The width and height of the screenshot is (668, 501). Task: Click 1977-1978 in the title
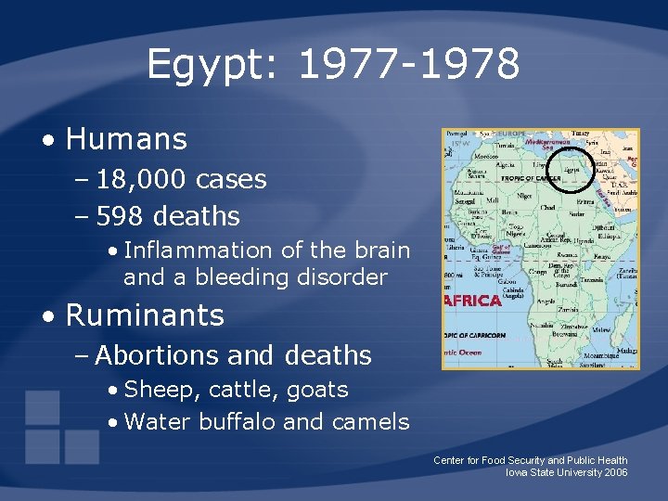coord(409,65)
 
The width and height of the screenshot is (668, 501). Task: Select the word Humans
coord(126,140)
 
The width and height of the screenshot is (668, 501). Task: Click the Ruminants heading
coord(145,315)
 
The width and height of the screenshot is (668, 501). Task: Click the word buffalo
coord(235,422)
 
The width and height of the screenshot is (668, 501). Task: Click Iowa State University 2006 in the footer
coord(566,472)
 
